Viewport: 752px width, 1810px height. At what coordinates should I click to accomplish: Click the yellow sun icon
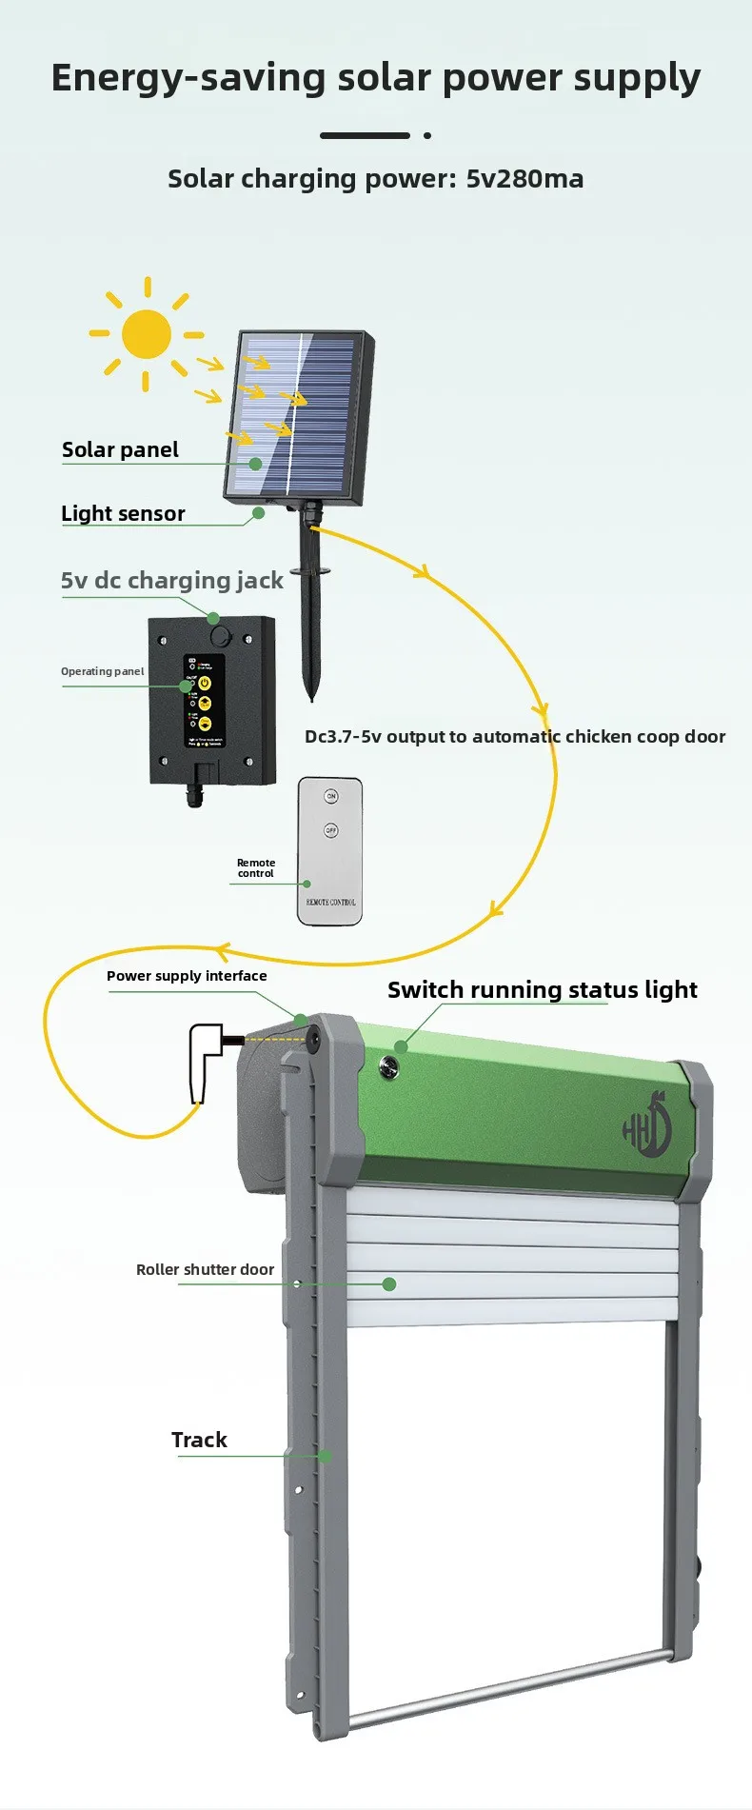pyautogui.click(x=147, y=334)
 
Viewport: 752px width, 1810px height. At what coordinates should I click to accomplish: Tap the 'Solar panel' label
pyautogui.click(x=120, y=450)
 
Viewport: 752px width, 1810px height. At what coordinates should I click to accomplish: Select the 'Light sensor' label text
pyautogui.click(x=123, y=514)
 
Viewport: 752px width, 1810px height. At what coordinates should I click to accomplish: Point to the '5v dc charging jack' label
pyautogui.click(x=171, y=581)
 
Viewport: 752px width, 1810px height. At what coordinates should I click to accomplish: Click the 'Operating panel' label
pyautogui.click(x=103, y=671)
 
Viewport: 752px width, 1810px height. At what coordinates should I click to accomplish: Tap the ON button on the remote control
pyautogui.click(x=331, y=796)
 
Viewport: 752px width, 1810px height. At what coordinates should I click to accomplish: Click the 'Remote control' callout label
pyautogui.click(x=256, y=867)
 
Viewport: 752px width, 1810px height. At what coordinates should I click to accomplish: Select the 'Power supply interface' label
pyautogui.click(x=187, y=976)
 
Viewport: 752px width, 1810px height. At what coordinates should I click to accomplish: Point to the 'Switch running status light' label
pyautogui.click(x=542, y=990)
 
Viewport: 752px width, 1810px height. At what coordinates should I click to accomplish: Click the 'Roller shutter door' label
pyautogui.click(x=205, y=1270)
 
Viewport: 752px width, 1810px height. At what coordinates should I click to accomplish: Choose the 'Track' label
pyautogui.click(x=199, y=1440)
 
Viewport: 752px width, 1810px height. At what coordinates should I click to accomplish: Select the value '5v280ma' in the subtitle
pyautogui.click(x=524, y=179)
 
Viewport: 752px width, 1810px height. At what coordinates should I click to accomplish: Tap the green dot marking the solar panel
pyautogui.click(x=255, y=464)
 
